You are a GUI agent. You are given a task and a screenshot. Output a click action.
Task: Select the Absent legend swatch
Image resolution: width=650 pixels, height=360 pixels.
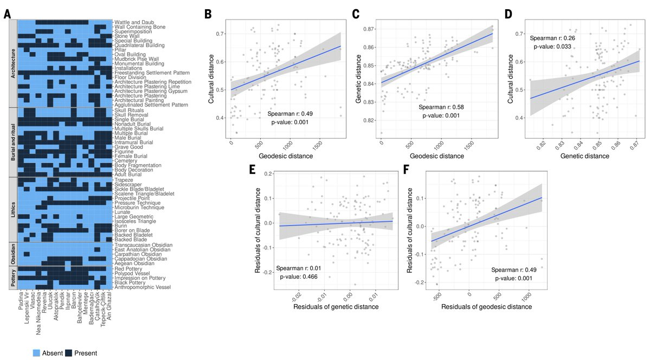pyautogui.click(x=21, y=353)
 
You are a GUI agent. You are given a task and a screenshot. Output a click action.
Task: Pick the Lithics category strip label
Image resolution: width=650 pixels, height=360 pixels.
pyautogui.click(x=12, y=209)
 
